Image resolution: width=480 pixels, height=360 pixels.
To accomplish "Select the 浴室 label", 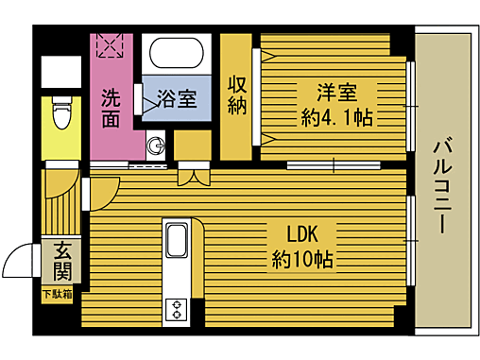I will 177,97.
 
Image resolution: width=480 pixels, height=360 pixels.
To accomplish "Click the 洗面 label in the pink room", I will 111,107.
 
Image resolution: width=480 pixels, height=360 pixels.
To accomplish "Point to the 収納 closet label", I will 236,94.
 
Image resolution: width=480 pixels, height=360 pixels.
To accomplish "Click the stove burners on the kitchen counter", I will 177,308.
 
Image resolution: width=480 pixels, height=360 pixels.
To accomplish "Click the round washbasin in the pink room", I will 156,146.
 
